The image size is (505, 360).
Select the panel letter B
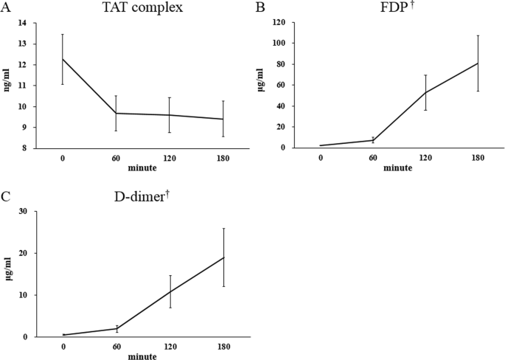click(x=260, y=8)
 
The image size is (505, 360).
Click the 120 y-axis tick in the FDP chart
click(x=280, y=23)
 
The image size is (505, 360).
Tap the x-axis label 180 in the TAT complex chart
click(x=223, y=158)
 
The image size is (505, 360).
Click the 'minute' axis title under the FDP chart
click(x=399, y=167)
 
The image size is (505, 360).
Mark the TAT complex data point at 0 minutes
click(x=62, y=59)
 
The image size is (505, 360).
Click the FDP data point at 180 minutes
click(x=478, y=63)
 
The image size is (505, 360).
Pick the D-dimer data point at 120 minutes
click(x=170, y=291)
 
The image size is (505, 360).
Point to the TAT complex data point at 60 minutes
click(x=116, y=113)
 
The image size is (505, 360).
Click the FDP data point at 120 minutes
click(x=425, y=92)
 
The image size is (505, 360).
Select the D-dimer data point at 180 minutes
click(x=223, y=257)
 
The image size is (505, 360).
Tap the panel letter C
click(x=6, y=197)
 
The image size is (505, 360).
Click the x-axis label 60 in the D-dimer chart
click(x=116, y=347)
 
